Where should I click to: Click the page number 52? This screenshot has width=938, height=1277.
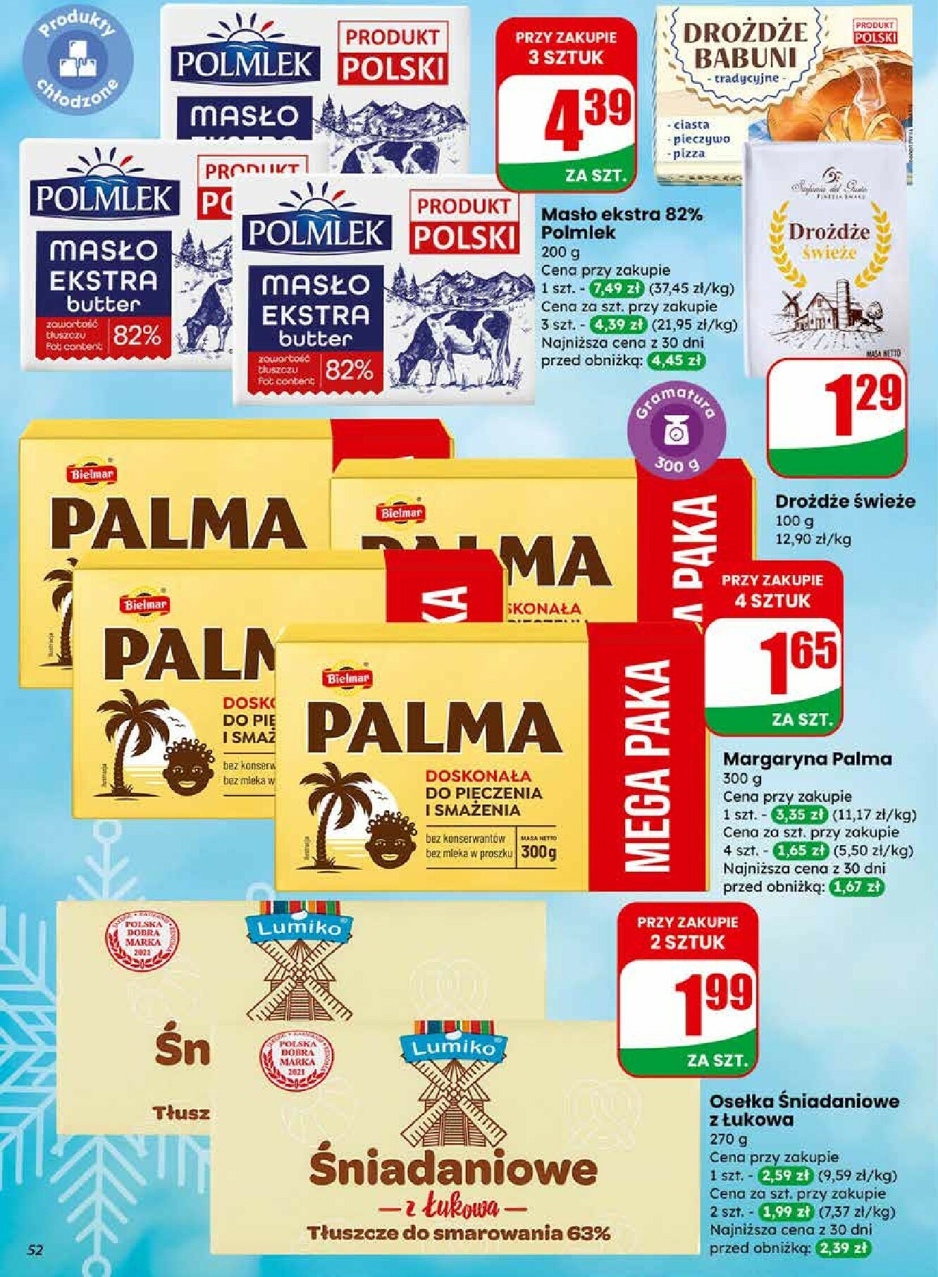(x=35, y=1250)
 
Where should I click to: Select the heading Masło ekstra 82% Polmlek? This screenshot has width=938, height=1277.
(x=621, y=223)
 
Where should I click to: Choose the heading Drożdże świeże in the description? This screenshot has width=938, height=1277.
(x=845, y=501)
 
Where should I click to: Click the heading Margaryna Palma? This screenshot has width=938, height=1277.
(x=807, y=759)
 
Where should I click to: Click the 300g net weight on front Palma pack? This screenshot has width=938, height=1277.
(x=538, y=853)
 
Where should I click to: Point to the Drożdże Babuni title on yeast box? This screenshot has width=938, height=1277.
(x=744, y=45)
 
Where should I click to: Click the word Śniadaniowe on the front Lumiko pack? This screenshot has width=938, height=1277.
(x=453, y=1171)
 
